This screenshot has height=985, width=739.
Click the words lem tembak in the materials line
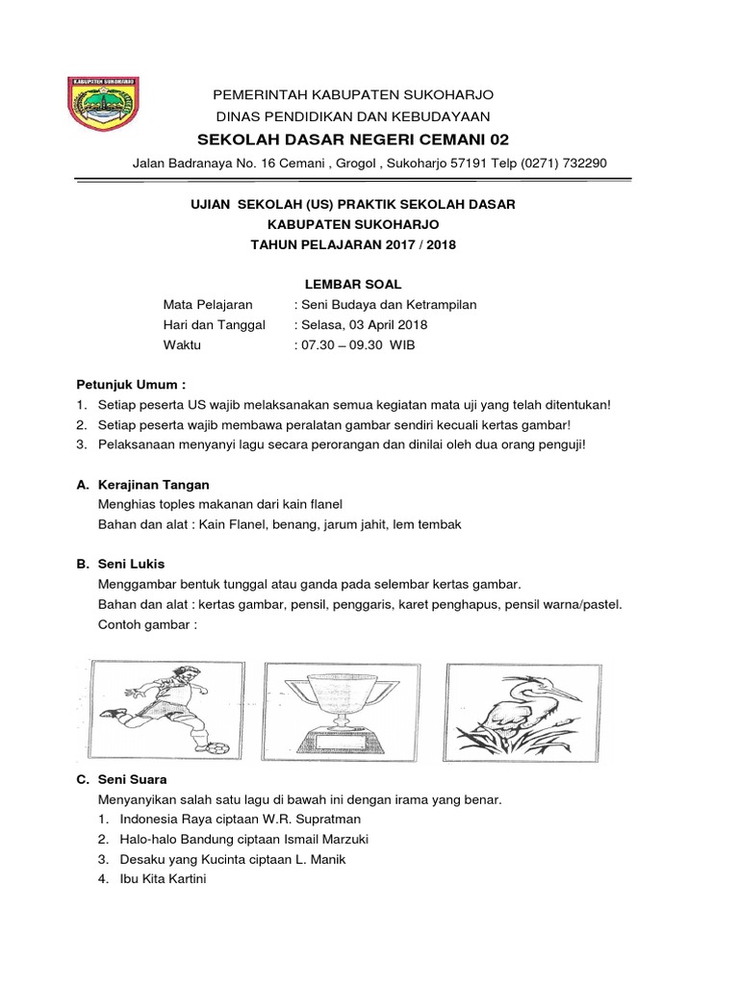435,523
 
